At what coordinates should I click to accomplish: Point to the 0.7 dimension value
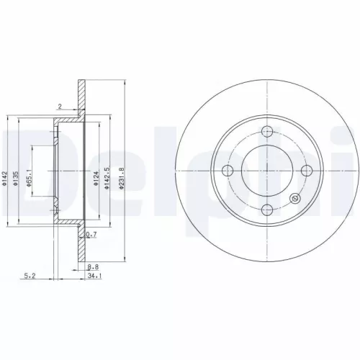[x=90, y=235]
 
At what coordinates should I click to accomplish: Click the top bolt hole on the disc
[x=267, y=131]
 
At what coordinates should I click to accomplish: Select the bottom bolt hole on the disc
[x=267, y=210]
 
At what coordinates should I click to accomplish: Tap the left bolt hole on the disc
[x=228, y=170]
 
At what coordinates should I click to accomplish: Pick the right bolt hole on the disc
[x=306, y=170]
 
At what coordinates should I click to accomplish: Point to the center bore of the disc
[x=267, y=170]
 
